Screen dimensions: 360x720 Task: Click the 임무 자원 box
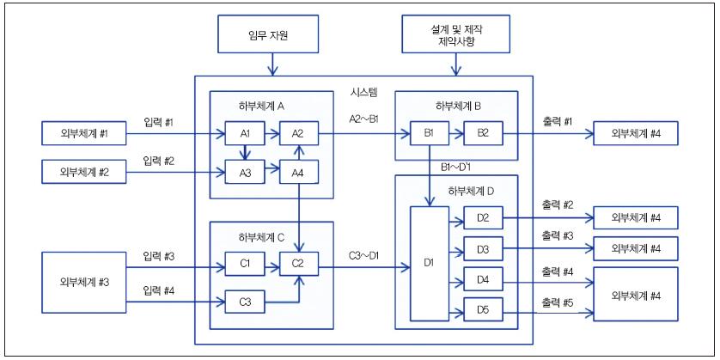271,35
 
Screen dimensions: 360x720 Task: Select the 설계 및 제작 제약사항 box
454,35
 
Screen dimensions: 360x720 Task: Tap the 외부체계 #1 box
83,133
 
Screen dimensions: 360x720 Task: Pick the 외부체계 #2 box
83,172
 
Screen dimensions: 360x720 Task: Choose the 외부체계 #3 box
83,282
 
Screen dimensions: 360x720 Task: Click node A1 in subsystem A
245,133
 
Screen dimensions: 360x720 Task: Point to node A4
297,172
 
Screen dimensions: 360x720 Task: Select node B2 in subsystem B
483,133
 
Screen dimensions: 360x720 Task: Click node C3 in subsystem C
245,302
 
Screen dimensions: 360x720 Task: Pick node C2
297,264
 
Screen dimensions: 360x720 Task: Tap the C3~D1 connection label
364,254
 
